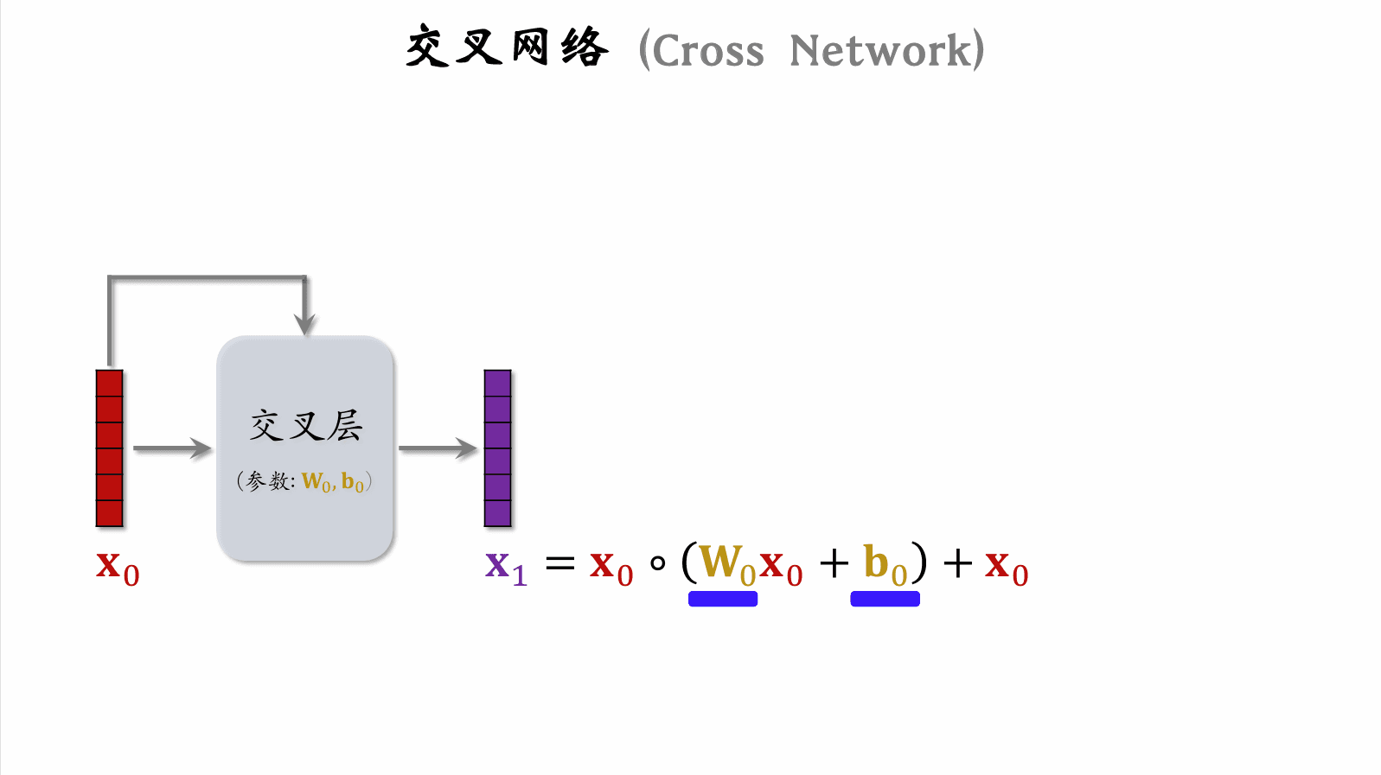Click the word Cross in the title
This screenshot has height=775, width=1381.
coord(708,51)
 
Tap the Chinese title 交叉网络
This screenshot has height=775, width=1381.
coord(508,48)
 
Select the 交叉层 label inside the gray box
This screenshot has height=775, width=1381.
coord(306,426)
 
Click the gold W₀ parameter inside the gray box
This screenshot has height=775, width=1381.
coord(316,482)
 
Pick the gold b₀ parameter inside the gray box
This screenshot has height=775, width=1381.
coord(352,482)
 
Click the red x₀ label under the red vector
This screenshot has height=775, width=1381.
coord(118,568)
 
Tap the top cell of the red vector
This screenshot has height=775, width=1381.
coord(110,384)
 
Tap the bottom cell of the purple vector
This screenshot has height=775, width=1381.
coord(498,513)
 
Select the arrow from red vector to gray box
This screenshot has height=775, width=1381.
coord(172,448)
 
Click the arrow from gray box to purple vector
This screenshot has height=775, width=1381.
coord(438,448)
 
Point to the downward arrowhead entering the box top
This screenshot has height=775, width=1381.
coord(304,323)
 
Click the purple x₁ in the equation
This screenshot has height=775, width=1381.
coord(506,567)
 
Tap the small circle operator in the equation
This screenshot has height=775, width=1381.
coord(658,564)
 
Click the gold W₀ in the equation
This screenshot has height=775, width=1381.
coord(726,564)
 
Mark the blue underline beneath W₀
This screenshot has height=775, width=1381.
coord(723,599)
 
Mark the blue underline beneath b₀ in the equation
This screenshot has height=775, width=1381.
coord(885,599)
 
